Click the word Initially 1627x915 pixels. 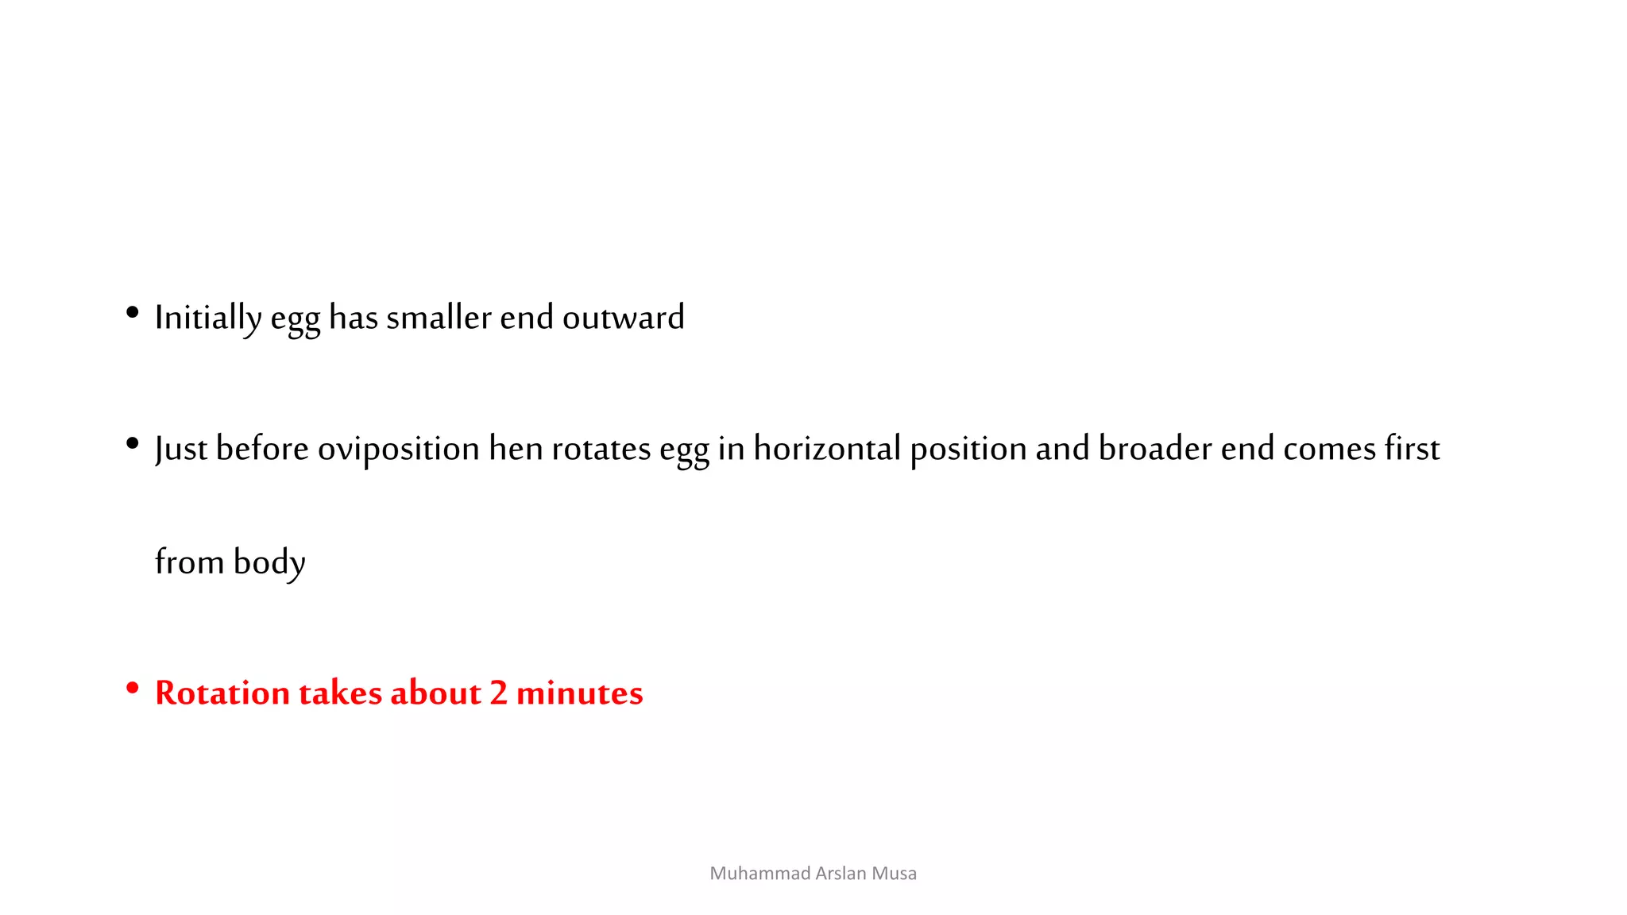(207, 318)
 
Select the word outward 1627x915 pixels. (623, 318)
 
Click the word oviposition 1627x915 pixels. (399, 450)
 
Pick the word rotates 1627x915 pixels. (601, 450)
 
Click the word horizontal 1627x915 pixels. (827, 449)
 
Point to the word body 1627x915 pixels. (269, 563)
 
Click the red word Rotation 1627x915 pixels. (222, 693)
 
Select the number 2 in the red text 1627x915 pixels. (498, 693)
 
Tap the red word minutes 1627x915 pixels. (579, 693)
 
